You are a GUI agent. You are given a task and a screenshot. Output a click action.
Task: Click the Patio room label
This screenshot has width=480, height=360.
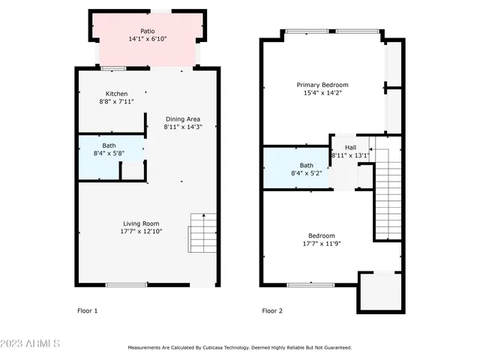tap(148, 31)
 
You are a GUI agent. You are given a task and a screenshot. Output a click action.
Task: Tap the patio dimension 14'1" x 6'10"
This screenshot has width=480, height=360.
tap(148, 39)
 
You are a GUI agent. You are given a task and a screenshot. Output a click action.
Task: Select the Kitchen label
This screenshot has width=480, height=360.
tap(115, 94)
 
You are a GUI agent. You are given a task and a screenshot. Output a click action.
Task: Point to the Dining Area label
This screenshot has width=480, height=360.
tap(182, 118)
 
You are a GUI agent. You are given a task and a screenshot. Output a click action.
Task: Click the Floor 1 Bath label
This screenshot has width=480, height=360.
tap(109, 145)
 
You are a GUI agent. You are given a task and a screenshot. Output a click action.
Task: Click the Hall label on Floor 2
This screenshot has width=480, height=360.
tap(350, 147)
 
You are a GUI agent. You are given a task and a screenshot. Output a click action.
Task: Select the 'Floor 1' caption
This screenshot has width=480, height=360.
tap(87, 310)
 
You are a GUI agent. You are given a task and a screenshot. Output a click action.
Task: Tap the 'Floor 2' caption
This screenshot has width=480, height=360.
tap(271, 310)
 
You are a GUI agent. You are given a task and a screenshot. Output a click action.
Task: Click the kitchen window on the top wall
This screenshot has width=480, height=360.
tap(114, 69)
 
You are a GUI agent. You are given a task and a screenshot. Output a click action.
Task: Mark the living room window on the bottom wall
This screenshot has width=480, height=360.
tap(126, 284)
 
